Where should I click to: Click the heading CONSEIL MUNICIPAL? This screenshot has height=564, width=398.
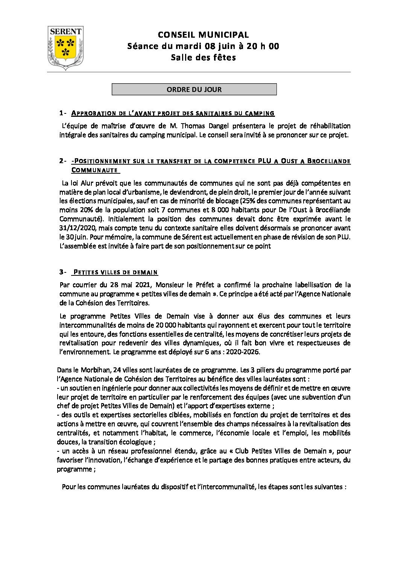pyautogui.click(x=203, y=35)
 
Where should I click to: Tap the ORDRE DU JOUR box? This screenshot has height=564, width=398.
pyautogui.click(x=194, y=89)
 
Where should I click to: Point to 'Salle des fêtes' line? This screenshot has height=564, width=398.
pyautogui.click(x=203, y=57)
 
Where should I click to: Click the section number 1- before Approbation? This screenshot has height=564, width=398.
pyautogui.click(x=63, y=113)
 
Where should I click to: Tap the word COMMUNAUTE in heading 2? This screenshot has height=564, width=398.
pyautogui.click(x=94, y=170)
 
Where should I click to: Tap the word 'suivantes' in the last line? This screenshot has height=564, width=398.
pyautogui.click(x=327, y=487)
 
